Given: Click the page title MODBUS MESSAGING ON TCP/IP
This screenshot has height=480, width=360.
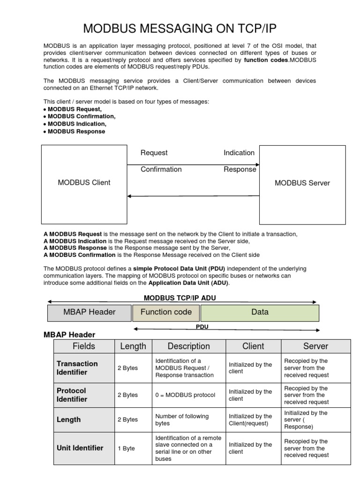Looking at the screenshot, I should tap(180, 29).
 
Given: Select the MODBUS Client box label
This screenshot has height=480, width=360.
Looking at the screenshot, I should tap(84, 183).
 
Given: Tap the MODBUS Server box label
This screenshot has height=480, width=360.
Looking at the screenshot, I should tap(302, 183).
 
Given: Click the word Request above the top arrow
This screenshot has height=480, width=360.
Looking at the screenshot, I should tap(154, 153).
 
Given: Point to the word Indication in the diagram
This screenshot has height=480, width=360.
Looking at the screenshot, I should tap(239, 153).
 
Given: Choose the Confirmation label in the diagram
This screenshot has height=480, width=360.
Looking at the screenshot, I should tap(161, 169).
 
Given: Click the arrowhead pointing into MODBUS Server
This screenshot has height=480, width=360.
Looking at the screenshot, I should tap(257, 165).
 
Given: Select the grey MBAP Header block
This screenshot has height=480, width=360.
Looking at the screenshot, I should tap(89, 312).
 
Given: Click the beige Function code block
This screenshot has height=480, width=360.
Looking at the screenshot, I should tap(166, 312).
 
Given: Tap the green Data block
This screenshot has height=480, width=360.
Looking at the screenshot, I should tap(260, 312).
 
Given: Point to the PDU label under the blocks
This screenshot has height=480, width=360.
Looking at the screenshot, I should tap(202, 326).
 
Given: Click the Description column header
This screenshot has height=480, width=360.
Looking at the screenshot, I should tap(188, 346).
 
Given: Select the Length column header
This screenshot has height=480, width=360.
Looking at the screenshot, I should tap(133, 346).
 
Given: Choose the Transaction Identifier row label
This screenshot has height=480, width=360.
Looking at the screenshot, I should tap(77, 368).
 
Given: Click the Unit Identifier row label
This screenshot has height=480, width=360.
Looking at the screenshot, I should tap(80, 448).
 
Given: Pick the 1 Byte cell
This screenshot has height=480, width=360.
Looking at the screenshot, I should tap(126, 449).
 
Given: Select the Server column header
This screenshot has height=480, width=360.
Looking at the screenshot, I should tap(315, 346).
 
